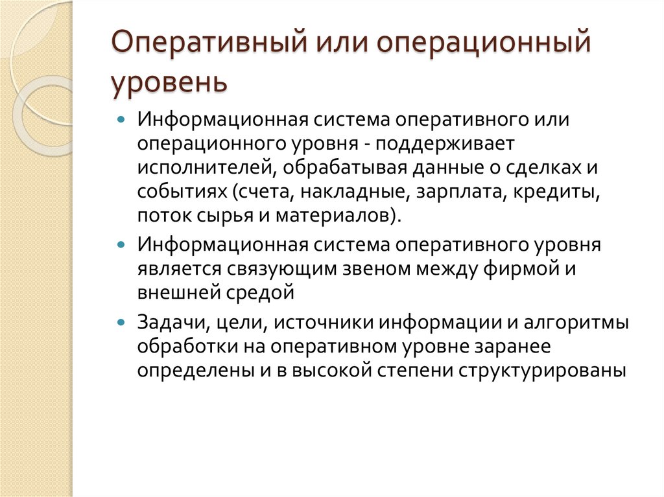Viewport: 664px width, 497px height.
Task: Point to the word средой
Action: [263, 293]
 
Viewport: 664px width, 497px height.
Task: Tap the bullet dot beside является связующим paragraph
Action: [123, 246]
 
